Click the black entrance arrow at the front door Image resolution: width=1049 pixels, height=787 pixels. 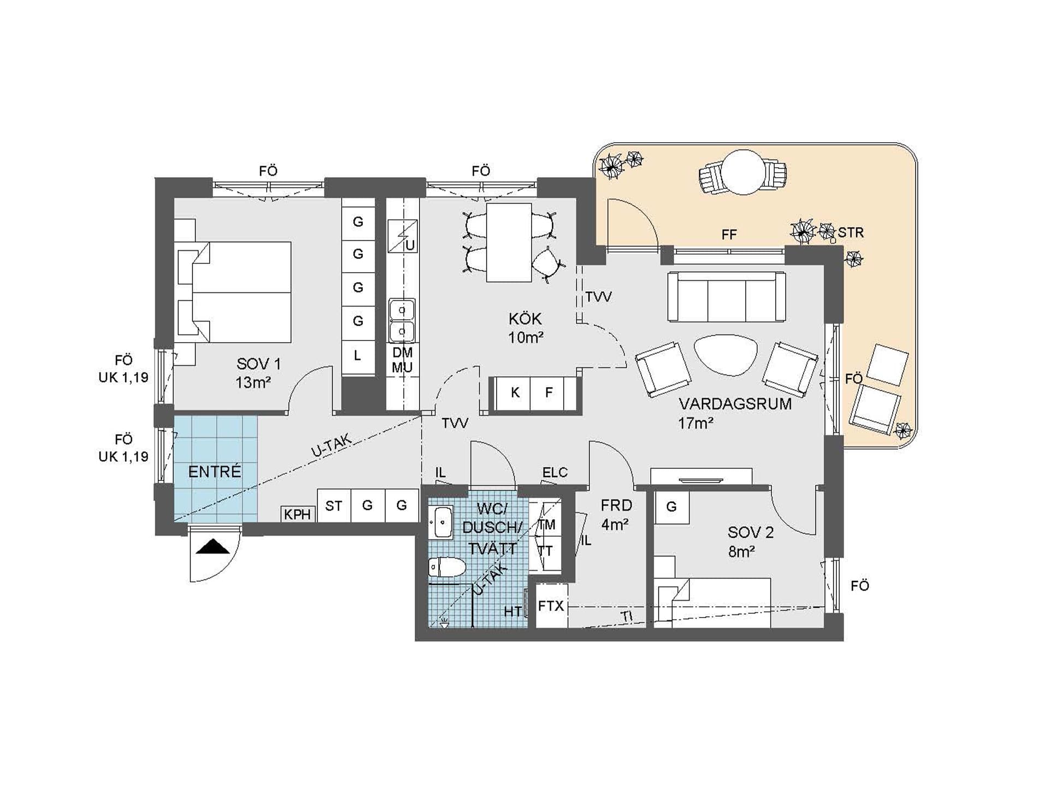click(x=213, y=547)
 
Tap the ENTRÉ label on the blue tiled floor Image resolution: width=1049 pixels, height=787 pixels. click(x=215, y=472)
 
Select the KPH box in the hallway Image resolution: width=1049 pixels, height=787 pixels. click(x=298, y=514)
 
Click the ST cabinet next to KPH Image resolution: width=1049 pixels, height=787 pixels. click(x=334, y=506)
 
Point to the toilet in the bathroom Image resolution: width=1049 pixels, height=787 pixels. click(x=447, y=567)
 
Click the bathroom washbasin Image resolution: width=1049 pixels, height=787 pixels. click(x=440, y=522)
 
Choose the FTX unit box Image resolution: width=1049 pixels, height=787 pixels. click(x=551, y=606)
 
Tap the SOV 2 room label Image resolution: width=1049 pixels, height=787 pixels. click(x=751, y=532)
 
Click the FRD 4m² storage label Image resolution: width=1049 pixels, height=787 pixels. click(x=616, y=515)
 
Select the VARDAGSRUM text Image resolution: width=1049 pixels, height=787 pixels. click(x=735, y=404)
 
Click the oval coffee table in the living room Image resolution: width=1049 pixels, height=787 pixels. click(x=726, y=354)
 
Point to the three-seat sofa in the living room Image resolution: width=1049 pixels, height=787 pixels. click(x=727, y=296)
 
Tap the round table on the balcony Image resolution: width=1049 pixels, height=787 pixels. click(x=743, y=172)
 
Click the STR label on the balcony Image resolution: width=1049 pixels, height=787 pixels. click(x=851, y=232)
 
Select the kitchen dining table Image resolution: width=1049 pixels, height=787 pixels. click(x=509, y=243)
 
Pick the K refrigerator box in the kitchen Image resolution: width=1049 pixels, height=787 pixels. click(x=515, y=392)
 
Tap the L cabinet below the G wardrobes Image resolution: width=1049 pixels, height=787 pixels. click(x=358, y=356)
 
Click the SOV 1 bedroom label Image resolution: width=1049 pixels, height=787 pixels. click(x=259, y=363)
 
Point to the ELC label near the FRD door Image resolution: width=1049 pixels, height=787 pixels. click(x=555, y=472)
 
